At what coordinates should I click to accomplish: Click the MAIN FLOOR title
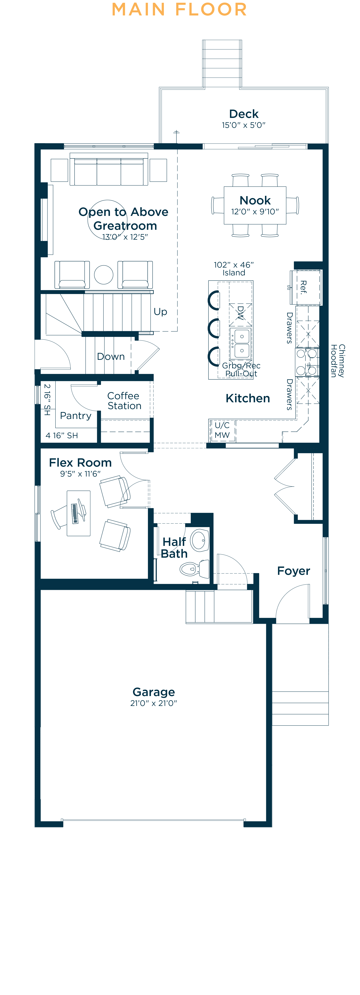click(179, 10)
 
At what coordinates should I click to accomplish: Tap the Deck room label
click(244, 114)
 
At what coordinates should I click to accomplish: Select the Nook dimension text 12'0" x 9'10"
click(255, 212)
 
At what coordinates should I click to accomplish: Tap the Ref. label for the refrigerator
click(304, 287)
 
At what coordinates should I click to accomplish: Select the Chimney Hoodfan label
click(337, 361)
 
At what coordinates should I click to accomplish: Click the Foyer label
click(294, 571)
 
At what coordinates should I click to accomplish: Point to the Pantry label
click(76, 416)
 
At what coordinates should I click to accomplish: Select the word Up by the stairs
click(160, 312)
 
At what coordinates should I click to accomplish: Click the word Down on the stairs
click(111, 357)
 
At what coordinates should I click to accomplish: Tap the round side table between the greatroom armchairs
click(104, 275)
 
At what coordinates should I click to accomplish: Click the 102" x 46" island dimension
click(234, 265)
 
